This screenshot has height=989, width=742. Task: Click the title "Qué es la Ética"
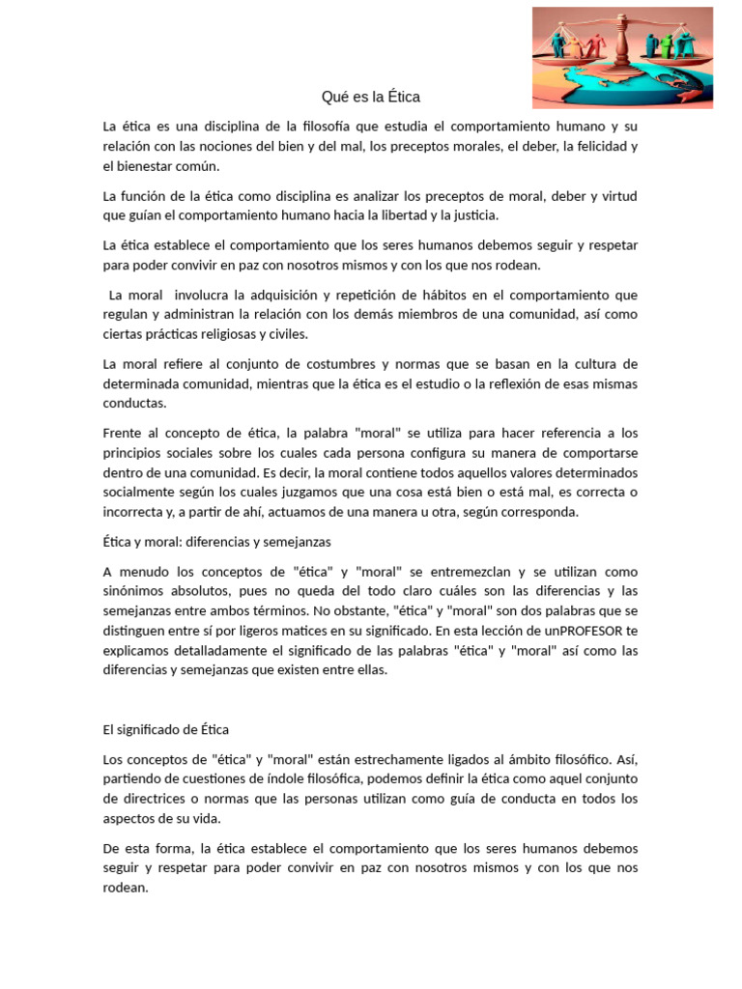click(x=371, y=98)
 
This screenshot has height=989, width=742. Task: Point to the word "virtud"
click(x=616, y=196)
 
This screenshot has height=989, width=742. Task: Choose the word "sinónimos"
click(x=134, y=591)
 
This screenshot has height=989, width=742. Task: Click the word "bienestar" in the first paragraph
click(x=145, y=166)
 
